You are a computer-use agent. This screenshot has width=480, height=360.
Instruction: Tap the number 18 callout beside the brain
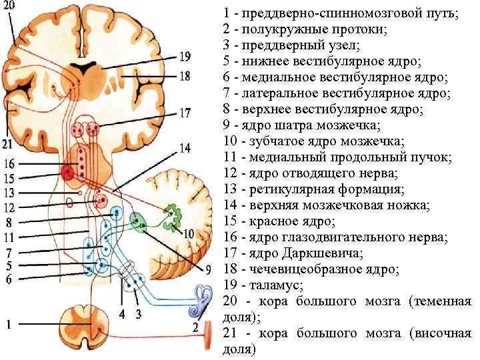[184, 76]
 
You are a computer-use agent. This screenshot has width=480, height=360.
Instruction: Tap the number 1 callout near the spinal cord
[9, 325]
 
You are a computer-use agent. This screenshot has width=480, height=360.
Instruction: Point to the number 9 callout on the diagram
[207, 269]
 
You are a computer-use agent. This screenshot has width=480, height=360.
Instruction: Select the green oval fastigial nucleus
[140, 221]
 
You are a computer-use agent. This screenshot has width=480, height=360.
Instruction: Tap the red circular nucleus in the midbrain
[67, 173]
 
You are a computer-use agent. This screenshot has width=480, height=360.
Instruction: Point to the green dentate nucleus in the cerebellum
[175, 213]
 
